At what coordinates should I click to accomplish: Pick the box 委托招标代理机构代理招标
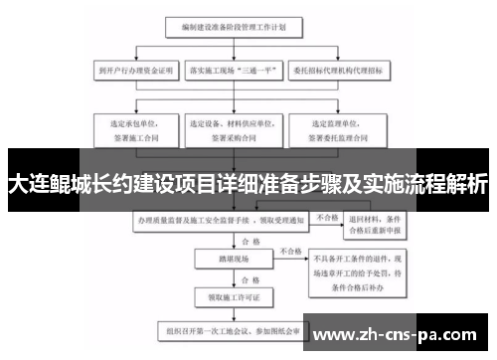pyautogui.click(x=339, y=72)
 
